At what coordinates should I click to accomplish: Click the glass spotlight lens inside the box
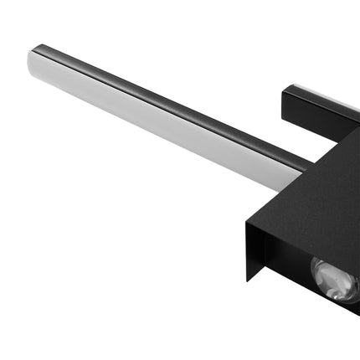(337, 280)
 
